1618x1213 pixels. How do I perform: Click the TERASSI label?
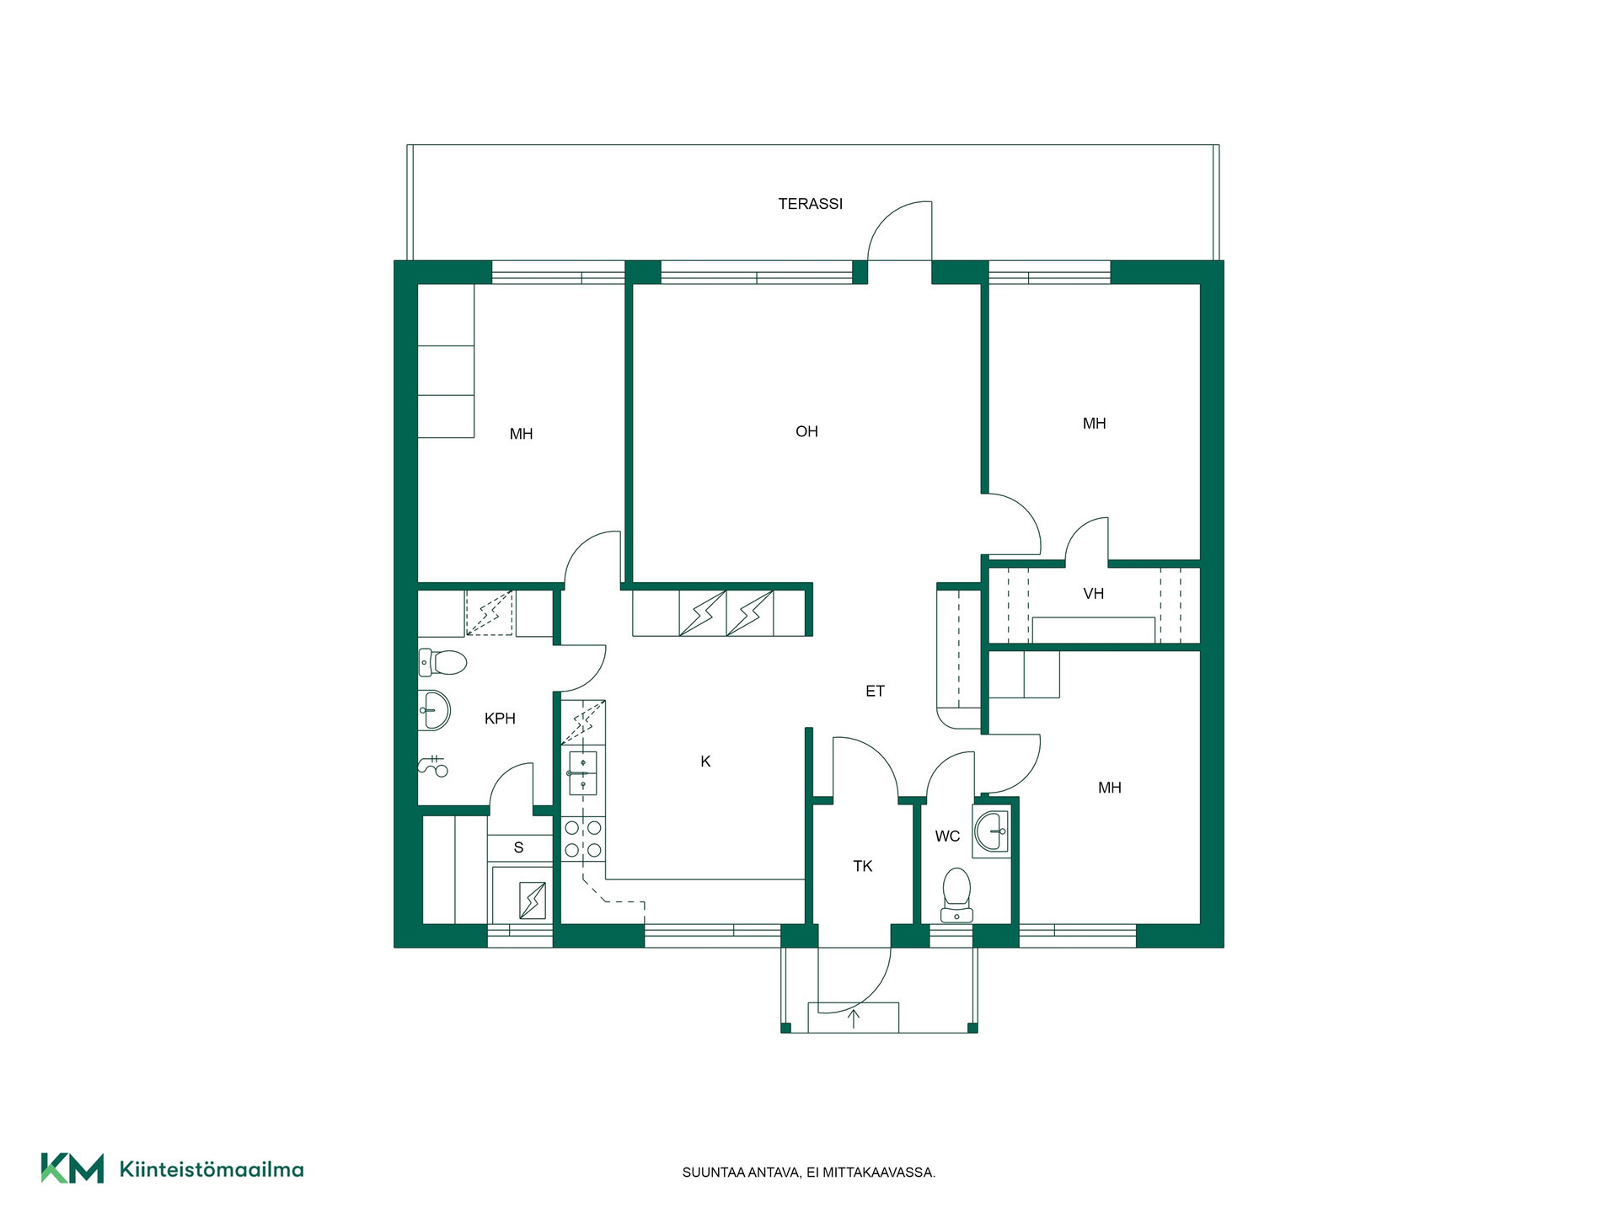[810, 204]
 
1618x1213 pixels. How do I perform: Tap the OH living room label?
[806, 431]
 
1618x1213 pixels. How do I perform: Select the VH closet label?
[1093, 594]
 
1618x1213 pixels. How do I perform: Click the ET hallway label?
[875, 692]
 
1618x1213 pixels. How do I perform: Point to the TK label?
[862, 866]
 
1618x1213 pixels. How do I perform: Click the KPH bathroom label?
[500, 719]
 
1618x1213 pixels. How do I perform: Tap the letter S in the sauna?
[518, 847]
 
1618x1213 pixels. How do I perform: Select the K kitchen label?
[705, 761]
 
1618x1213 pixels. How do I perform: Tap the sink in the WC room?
[991, 831]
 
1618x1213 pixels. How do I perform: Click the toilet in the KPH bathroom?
[442, 662]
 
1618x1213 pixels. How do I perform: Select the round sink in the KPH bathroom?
[435, 709]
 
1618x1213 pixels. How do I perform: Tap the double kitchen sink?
[583, 773]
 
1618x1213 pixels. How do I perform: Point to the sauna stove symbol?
[532, 900]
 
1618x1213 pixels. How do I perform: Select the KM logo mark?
[72, 1168]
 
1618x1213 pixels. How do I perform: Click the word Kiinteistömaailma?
[212, 1169]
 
